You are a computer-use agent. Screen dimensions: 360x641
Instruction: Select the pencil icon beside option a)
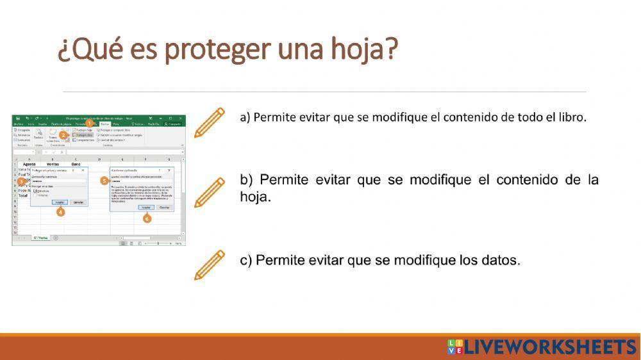pos(209,122)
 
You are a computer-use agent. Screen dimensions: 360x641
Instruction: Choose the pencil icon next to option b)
pos(209,193)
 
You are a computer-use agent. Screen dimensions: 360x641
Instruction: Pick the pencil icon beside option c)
pos(209,265)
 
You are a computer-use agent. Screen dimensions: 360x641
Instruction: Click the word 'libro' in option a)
pos(572,117)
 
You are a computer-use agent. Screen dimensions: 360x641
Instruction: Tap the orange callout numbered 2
pos(63,135)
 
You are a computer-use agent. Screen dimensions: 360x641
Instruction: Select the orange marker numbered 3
pos(21,181)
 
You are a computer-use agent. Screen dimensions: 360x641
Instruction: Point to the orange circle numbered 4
pos(61,212)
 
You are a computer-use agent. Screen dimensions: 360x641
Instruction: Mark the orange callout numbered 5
pos(104,181)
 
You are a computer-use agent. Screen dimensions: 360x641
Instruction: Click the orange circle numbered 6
pos(147,218)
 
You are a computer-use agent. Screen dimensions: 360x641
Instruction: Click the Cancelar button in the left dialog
pos(78,202)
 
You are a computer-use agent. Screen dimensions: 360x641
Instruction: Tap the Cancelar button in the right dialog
pos(164,208)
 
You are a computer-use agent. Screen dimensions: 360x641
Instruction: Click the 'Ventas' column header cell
pos(53,164)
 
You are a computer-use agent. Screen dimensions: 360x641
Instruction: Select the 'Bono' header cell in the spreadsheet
pos(75,164)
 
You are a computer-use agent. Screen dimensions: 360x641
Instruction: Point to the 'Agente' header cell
pos(29,164)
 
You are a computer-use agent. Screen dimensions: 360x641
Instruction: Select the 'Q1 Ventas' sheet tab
pos(40,238)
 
